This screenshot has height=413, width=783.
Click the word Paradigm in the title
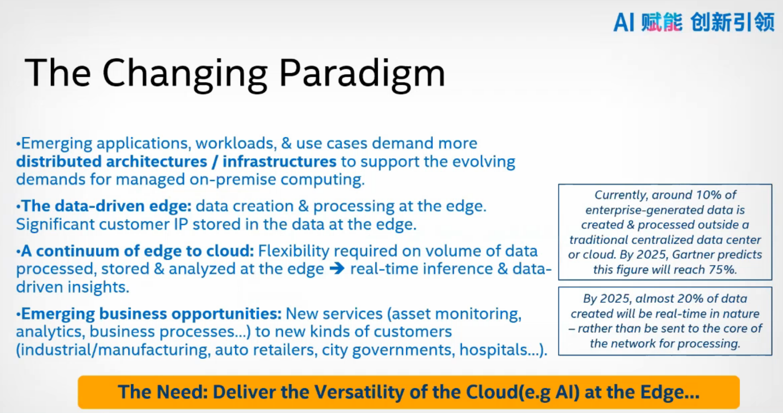click(361, 73)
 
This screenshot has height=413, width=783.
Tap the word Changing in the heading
click(185, 73)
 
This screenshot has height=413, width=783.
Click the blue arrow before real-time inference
click(337, 269)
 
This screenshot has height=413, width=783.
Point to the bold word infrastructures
click(279, 162)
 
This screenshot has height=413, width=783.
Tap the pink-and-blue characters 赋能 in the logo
click(661, 22)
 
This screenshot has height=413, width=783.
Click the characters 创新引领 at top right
click(732, 22)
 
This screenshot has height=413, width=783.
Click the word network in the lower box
click(635, 344)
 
